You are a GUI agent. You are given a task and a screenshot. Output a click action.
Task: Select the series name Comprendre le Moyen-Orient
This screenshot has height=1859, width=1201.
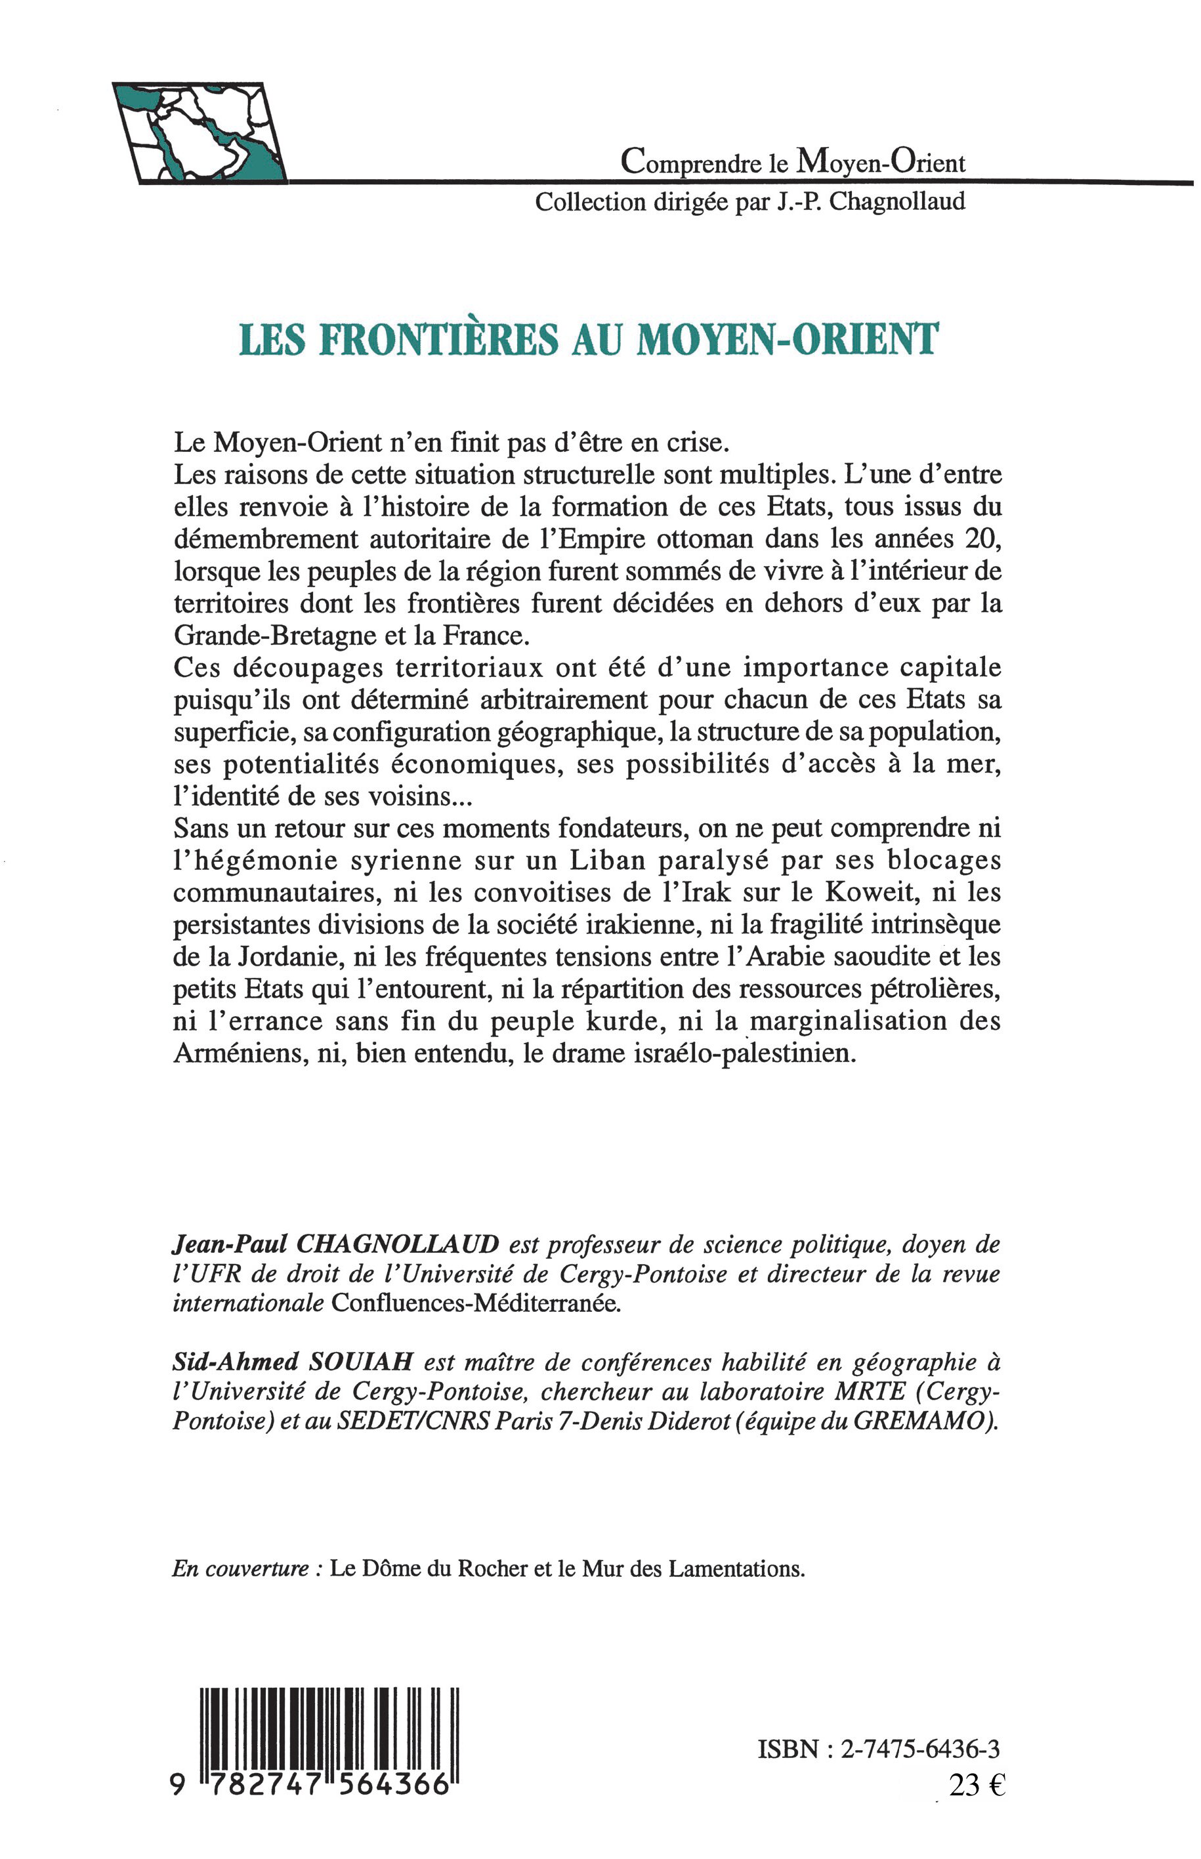point(792,161)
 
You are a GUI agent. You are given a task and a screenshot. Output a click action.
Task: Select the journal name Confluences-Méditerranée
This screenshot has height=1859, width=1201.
point(476,1305)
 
